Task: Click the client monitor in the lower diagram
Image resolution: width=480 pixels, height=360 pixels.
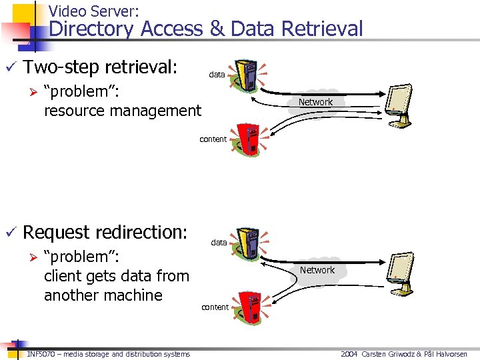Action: pyautogui.click(x=403, y=273)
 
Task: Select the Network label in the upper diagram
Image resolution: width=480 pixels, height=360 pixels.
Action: pyautogui.click(x=315, y=102)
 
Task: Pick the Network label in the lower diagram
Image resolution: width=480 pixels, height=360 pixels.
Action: pyautogui.click(x=317, y=270)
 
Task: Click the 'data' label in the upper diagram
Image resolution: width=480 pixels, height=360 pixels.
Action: pyautogui.click(x=217, y=75)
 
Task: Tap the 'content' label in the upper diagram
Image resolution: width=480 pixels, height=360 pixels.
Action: pyautogui.click(x=213, y=139)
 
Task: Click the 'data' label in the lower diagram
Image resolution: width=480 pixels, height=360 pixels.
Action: pyautogui.click(x=219, y=243)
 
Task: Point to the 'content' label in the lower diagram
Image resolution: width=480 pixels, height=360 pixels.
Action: pyautogui.click(x=215, y=307)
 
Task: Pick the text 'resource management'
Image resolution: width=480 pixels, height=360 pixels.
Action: pyautogui.click(x=122, y=111)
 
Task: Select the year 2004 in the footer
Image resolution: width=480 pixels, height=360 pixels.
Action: pyautogui.click(x=349, y=354)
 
